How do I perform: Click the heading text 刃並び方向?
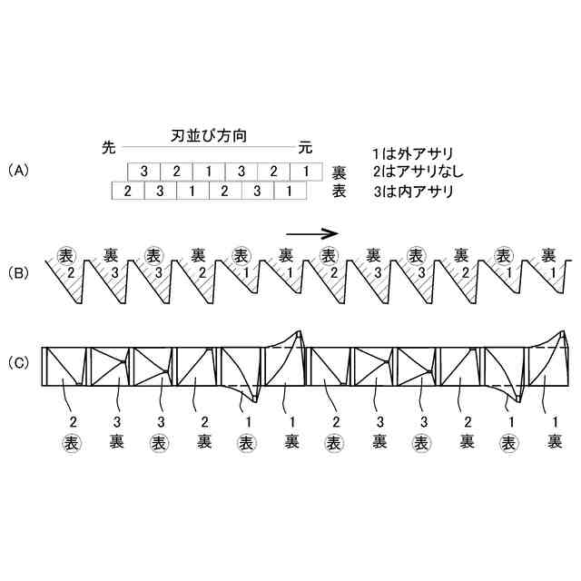pos(210,135)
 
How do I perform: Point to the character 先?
pos(110,145)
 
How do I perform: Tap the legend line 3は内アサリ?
pos(412,192)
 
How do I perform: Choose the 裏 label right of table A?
pos(338,172)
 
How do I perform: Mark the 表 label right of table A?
pos(338,192)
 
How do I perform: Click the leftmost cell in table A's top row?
pos(143,171)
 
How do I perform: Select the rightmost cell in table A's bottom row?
pos(289,191)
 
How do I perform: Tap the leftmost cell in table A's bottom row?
pos(127,191)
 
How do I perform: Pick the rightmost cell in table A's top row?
pos(306,171)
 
